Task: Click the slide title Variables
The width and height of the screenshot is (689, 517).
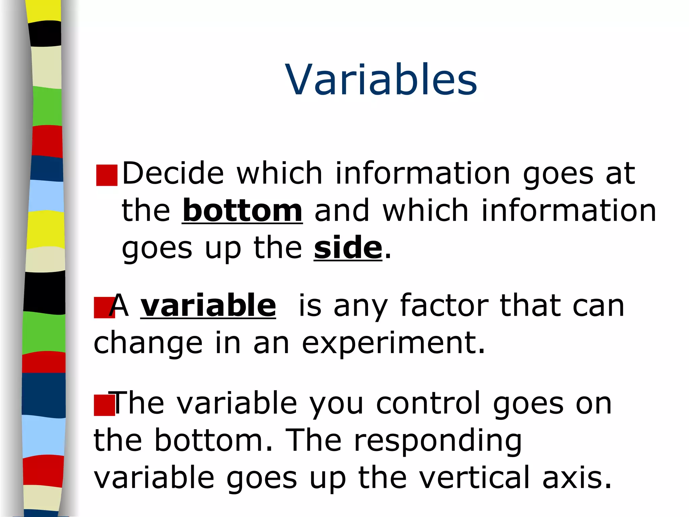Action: (381, 80)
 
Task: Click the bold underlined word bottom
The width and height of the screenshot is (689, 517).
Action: (242, 211)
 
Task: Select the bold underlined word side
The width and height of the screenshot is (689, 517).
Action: (348, 248)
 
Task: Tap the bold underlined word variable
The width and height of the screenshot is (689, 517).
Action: (208, 306)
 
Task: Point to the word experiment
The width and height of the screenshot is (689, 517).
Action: (393, 343)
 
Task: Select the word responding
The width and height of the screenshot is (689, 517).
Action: (438, 441)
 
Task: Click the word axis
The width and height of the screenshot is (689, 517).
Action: (576, 478)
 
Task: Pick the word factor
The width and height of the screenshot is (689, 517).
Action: (444, 306)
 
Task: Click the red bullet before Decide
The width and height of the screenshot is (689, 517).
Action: (107, 175)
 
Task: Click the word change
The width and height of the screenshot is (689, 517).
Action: (148, 343)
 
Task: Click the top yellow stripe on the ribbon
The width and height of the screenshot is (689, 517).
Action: (44, 10)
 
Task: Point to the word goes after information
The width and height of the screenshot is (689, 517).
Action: (558, 174)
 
